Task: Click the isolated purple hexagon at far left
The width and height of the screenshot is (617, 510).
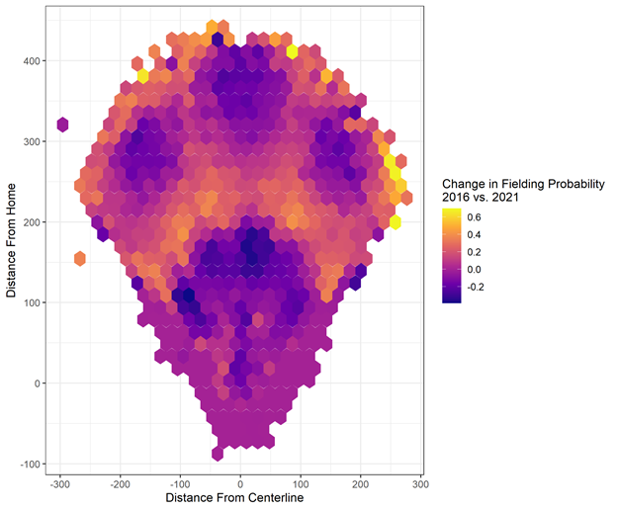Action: click(x=62, y=124)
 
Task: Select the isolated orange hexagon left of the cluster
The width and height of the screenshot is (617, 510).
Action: click(x=80, y=259)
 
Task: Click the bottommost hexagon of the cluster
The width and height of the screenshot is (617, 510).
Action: click(x=218, y=454)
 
